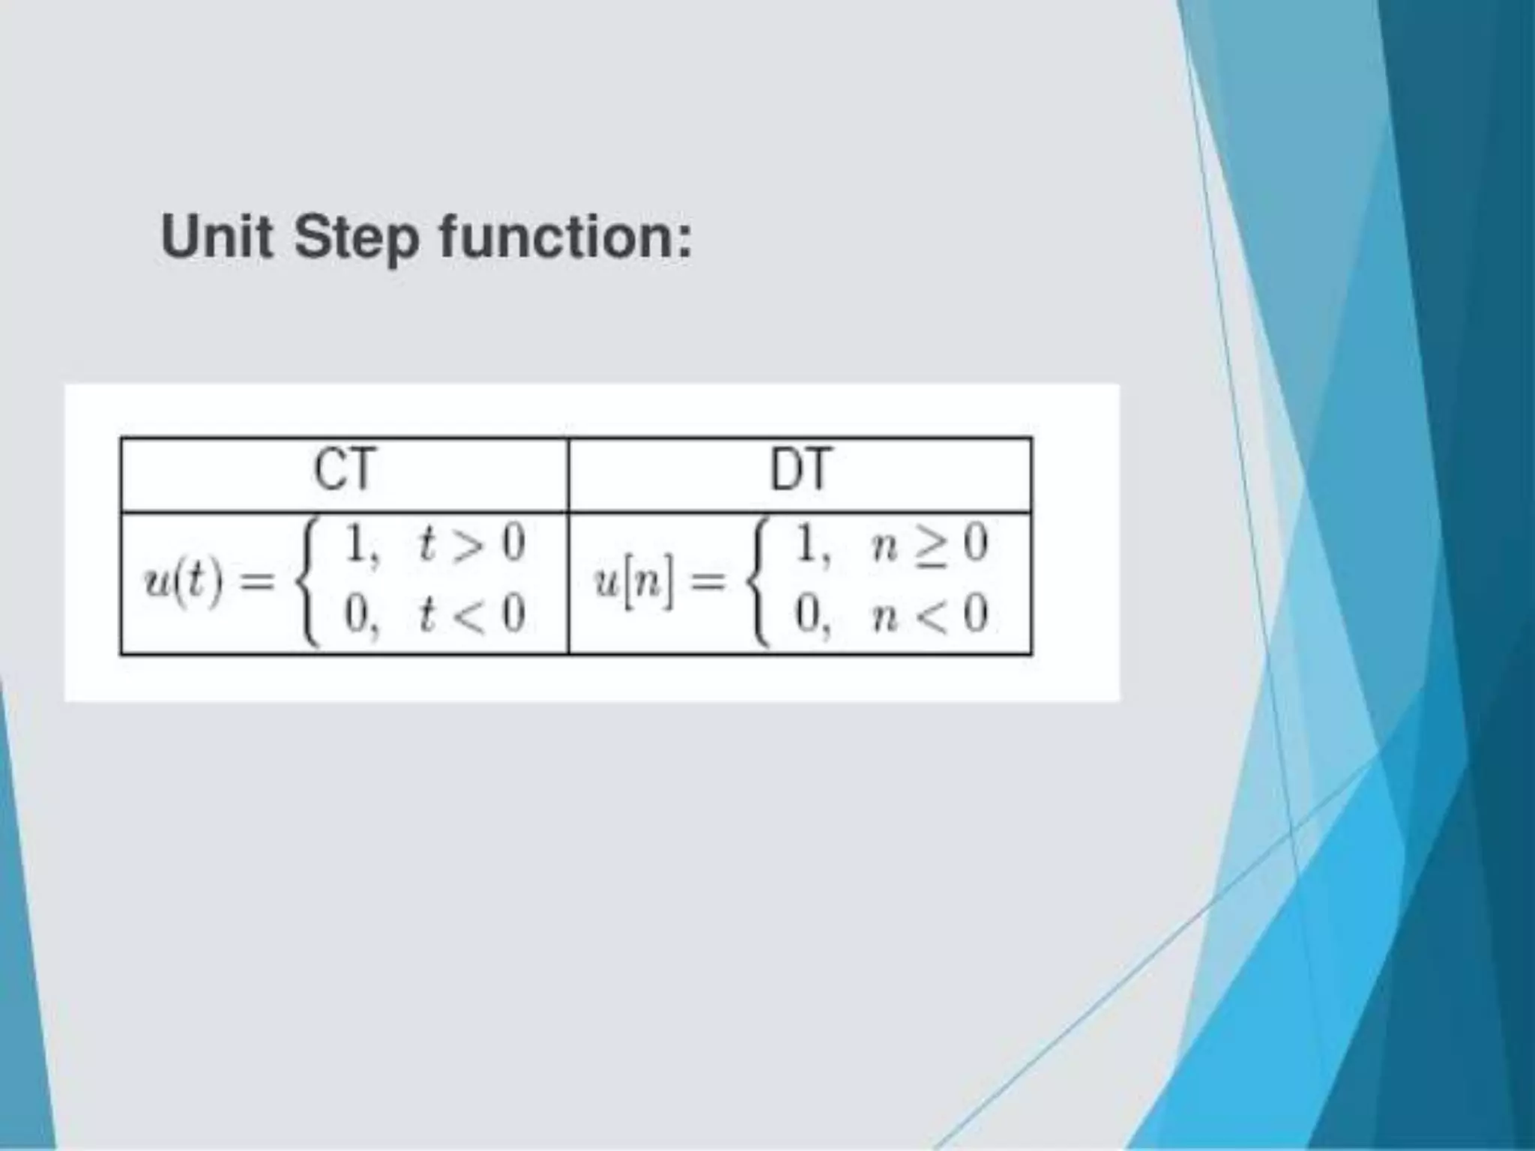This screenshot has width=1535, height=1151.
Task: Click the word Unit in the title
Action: click(217, 237)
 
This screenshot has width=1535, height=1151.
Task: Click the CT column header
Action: click(343, 471)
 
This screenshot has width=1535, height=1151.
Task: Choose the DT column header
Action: click(800, 471)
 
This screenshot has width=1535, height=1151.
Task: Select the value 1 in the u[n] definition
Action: click(806, 544)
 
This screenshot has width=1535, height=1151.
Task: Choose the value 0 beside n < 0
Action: click(806, 615)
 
